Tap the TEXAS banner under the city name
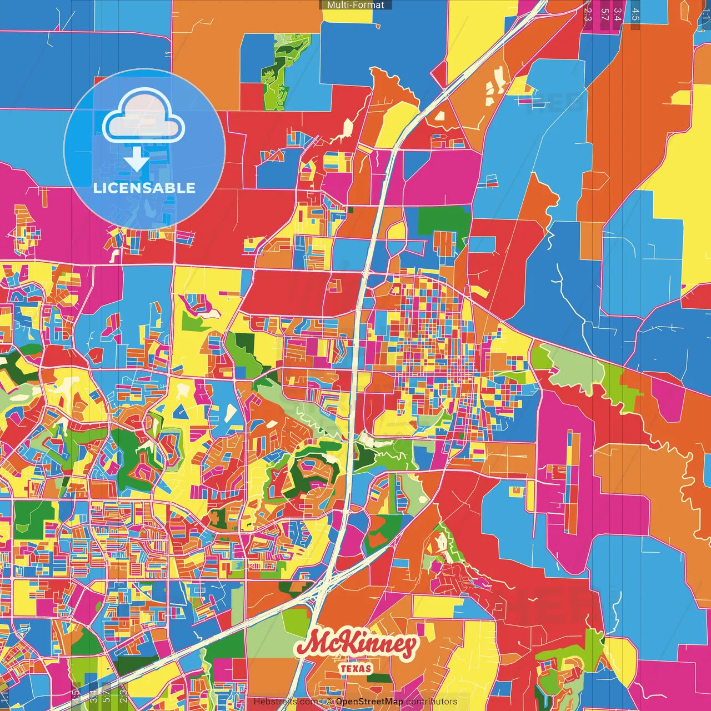pyautogui.click(x=356, y=668)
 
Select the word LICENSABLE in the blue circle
pyautogui.click(x=144, y=188)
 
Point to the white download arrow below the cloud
pyautogui.click(x=136, y=161)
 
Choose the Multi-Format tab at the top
pyautogui.click(x=355, y=5)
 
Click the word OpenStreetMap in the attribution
pyautogui.click(x=369, y=702)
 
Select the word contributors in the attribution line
pyautogui.click(x=432, y=702)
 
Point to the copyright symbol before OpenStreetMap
pyautogui.click(x=329, y=702)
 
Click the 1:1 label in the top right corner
pyautogui.click(x=705, y=22)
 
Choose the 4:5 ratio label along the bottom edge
pyautogui.click(x=75, y=697)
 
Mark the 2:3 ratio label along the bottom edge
pyautogui.click(x=123, y=697)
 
